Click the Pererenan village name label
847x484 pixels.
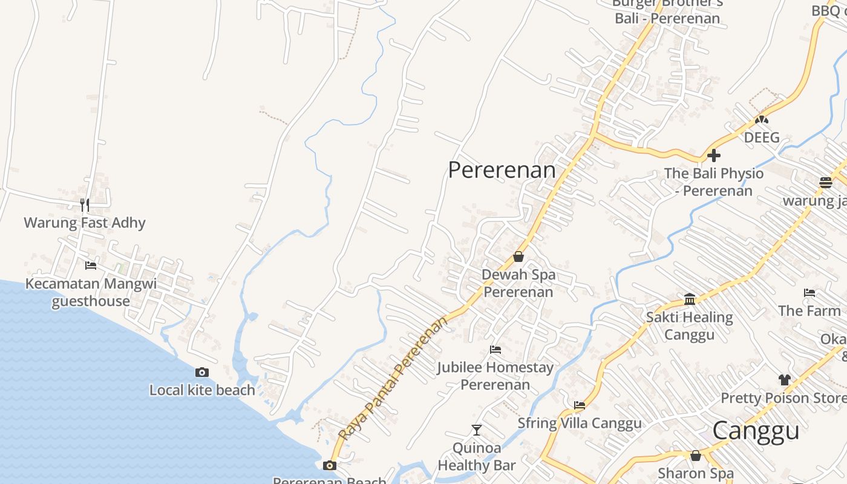point(502,170)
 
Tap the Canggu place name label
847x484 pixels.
point(756,431)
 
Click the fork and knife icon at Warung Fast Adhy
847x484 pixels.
point(85,204)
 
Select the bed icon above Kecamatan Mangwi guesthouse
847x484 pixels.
point(91,265)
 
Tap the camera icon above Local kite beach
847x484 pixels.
point(202,372)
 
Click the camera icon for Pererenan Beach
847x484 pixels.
point(329,465)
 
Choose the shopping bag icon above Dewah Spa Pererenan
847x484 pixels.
point(518,257)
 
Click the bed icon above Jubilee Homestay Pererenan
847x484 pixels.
point(495,349)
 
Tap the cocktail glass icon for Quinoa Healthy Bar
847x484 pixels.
point(477,430)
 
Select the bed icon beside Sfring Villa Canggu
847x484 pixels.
point(580,405)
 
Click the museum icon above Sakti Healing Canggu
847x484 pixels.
point(690,298)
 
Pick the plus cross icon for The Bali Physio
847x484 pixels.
point(714,155)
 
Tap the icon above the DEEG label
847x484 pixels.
point(761,120)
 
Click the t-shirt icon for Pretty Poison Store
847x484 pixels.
point(785,379)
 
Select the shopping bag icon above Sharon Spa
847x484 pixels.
point(696,455)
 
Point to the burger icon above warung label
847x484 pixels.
point(826,181)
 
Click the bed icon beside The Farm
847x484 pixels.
point(809,293)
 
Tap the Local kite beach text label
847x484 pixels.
point(202,390)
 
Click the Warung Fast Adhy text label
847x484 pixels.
point(85,223)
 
